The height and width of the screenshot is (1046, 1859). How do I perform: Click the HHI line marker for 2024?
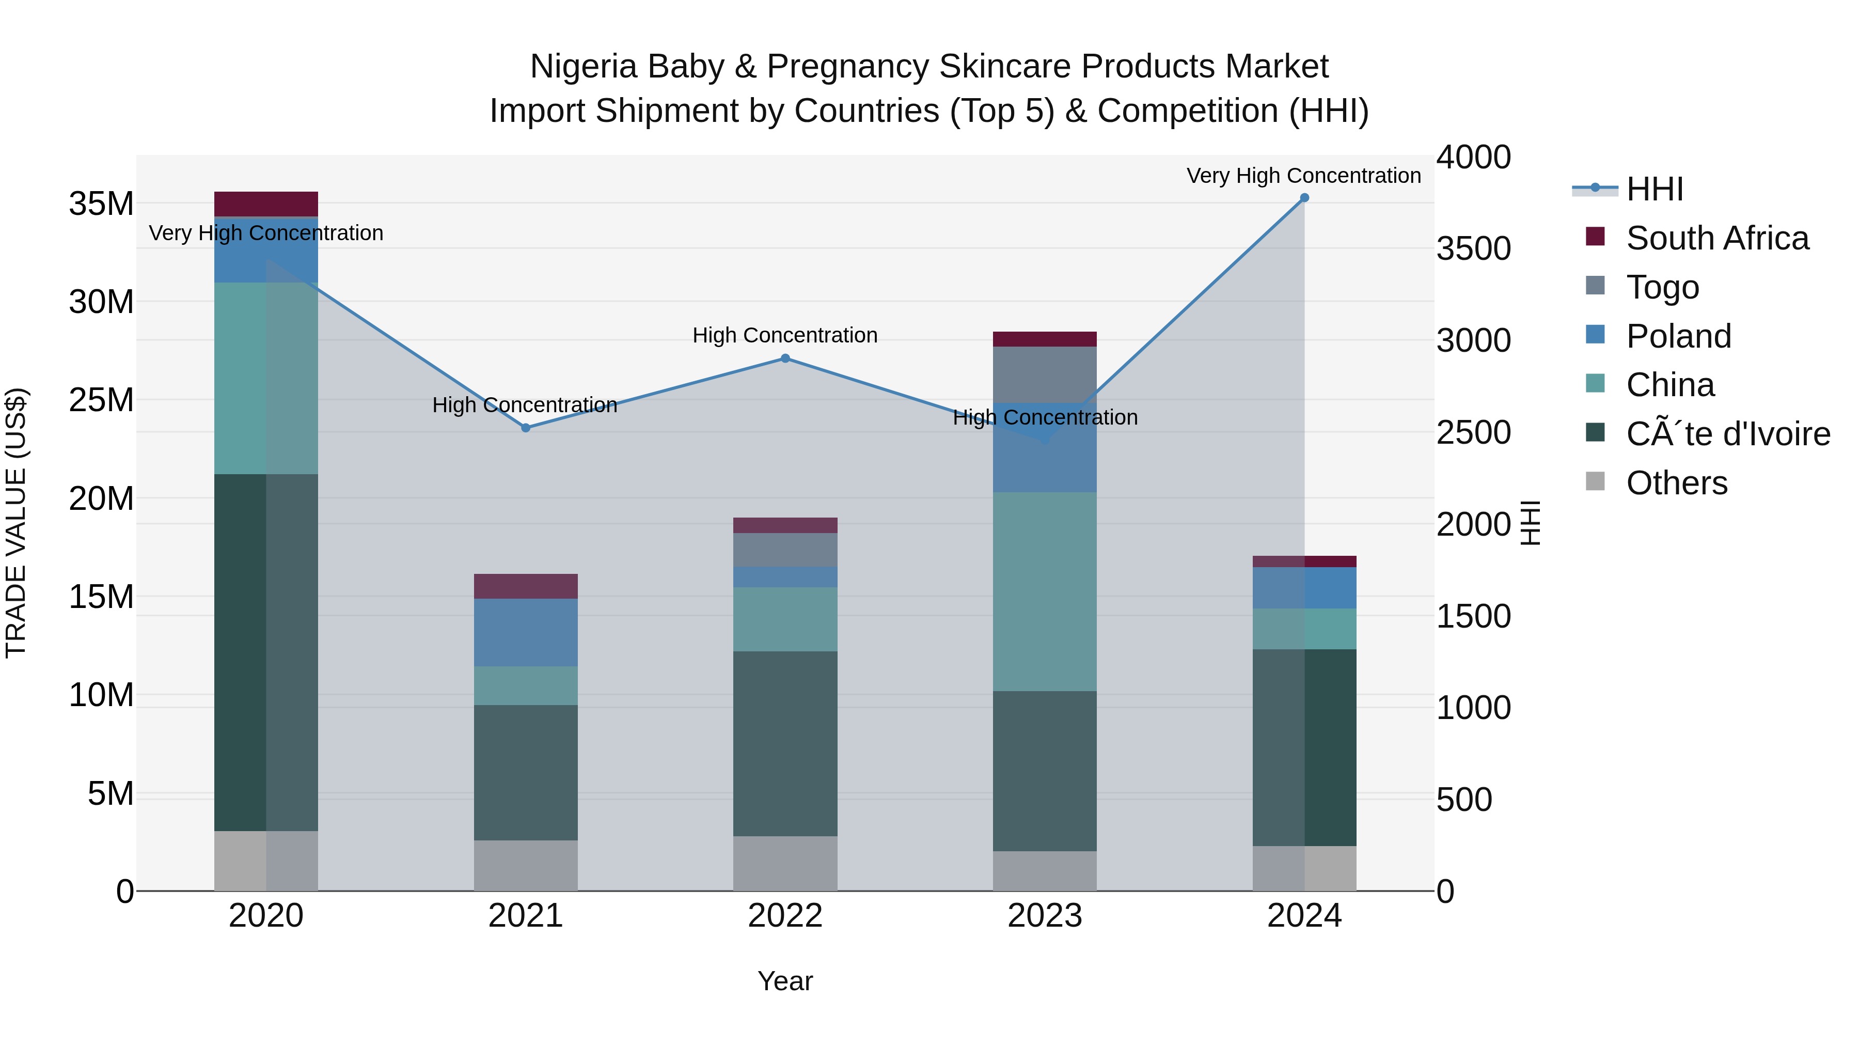click(1304, 198)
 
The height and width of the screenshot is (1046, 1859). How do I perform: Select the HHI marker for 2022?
click(785, 358)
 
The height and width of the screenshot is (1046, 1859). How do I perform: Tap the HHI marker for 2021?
click(525, 428)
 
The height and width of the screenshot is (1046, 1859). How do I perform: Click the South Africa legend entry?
click(1717, 238)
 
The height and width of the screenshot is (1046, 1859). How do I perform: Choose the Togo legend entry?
click(1662, 287)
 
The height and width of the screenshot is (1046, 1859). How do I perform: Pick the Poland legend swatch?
click(1596, 335)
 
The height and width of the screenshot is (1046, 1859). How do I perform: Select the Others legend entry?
click(1676, 483)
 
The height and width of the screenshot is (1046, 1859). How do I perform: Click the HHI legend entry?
click(1654, 189)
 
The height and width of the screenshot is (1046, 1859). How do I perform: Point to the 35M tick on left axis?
click(101, 204)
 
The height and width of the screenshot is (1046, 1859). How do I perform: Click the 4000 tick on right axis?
click(1473, 158)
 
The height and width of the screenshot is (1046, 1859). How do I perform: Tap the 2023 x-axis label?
click(1044, 916)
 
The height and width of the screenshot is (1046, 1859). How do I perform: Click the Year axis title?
click(785, 981)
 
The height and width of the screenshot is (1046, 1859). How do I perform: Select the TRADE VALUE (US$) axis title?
click(16, 523)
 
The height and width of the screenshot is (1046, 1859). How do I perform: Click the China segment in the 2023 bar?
click(1044, 592)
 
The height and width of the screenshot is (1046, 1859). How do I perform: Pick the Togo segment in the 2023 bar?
click(1044, 374)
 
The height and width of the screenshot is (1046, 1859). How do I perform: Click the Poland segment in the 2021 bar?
click(525, 632)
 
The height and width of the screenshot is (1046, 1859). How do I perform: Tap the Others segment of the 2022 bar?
click(785, 863)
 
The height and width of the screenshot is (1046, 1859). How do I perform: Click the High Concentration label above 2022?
click(785, 336)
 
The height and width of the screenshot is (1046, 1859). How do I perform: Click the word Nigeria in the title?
click(584, 67)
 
